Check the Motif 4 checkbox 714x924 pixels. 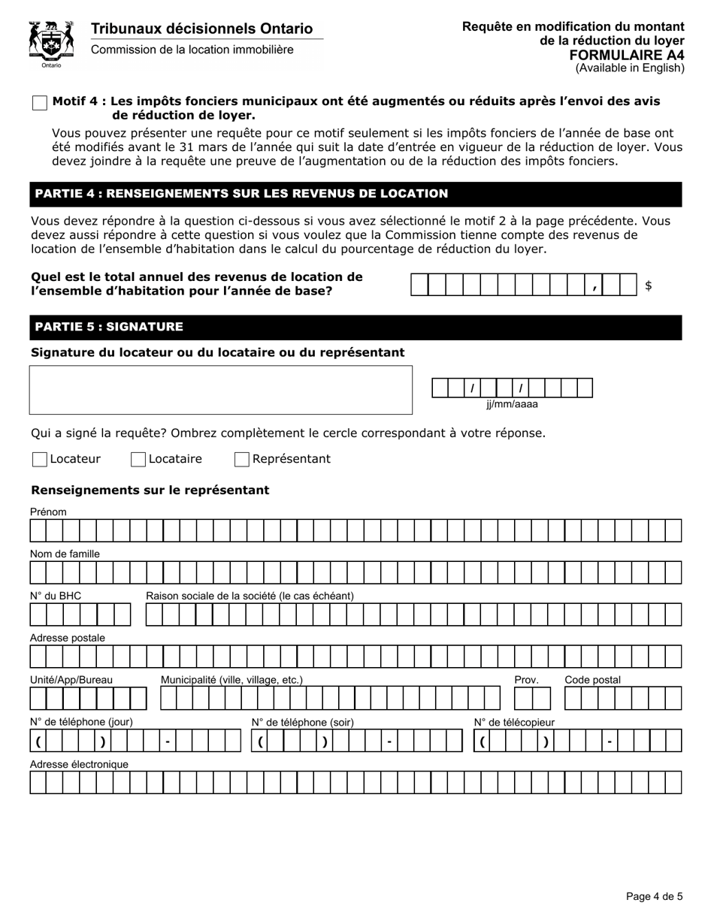click(x=40, y=104)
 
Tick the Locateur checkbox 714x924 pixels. click(x=40, y=460)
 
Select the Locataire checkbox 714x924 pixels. click(x=138, y=460)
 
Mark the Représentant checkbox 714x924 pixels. click(x=242, y=460)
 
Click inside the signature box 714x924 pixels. click(x=220, y=390)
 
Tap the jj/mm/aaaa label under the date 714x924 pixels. click(x=512, y=404)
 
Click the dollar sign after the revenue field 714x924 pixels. click(x=649, y=285)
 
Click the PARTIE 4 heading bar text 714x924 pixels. click(x=241, y=194)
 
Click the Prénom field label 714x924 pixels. click(x=48, y=512)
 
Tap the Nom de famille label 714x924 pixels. click(x=65, y=554)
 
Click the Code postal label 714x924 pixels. click(x=592, y=680)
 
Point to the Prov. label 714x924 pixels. click(x=526, y=680)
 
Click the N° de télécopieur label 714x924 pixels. click(x=514, y=722)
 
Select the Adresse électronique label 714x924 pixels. click(x=79, y=764)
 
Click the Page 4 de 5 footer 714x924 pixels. click(x=654, y=896)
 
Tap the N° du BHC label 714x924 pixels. click(x=56, y=596)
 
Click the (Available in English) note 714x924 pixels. click(x=630, y=68)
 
